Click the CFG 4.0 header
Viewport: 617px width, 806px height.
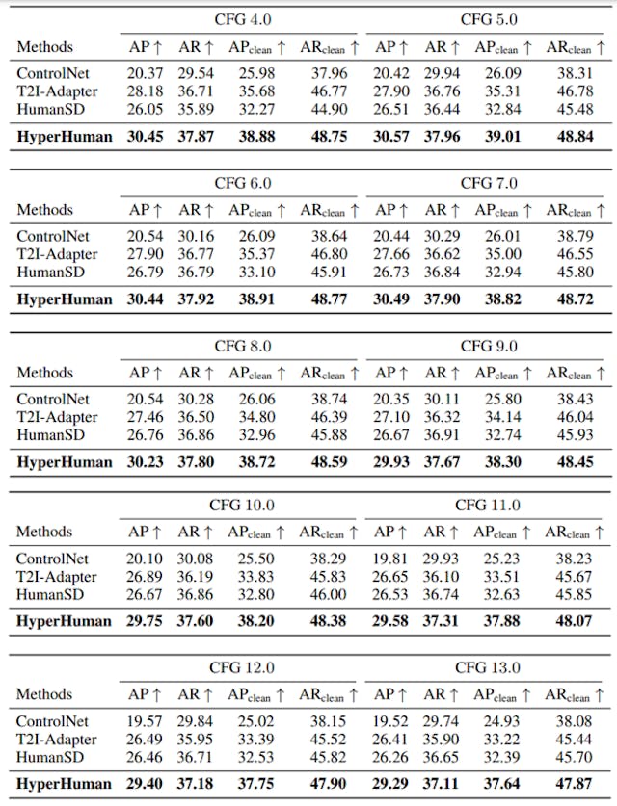coord(243,19)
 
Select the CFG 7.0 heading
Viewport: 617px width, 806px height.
coord(490,183)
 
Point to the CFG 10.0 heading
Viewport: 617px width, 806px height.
coord(243,506)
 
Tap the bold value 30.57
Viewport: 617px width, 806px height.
coord(391,137)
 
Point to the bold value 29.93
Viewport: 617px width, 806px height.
coord(391,461)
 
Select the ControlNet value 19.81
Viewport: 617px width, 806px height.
coord(391,559)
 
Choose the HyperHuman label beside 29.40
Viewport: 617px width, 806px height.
coord(64,784)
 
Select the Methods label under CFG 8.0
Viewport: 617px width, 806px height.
coord(44,372)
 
